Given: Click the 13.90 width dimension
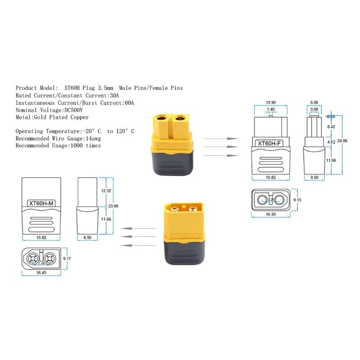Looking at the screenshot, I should click(271, 103).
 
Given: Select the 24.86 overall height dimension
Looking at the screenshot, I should click(343, 141).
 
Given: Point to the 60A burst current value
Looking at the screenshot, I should click(128, 103).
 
